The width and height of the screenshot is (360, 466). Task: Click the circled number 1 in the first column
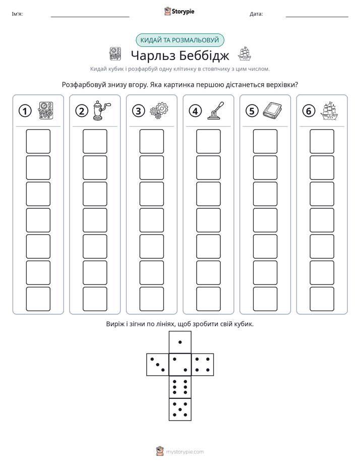pyautogui.click(x=25, y=111)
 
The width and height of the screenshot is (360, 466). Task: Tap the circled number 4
pyautogui.click(x=195, y=111)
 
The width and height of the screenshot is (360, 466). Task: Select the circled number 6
pyautogui.click(x=309, y=111)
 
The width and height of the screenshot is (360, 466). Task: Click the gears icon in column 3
pyautogui.click(x=159, y=111)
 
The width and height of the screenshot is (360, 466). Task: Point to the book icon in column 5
pyautogui.click(x=272, y=110)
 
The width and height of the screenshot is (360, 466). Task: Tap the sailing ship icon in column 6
pyautogui.click(x=329, y=111)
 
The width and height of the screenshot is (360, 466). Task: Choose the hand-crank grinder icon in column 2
pyautogui.click(x=101, y=110)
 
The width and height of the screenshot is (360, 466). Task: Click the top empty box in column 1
pyautogui.click(x=38, y=141)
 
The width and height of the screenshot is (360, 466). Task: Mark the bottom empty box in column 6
pyautogui.click(x=322, y=299)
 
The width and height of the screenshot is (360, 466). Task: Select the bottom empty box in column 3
pyautogui.click(x=151, y=299)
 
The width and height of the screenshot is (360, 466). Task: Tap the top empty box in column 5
pyautogui.click(x=265, y=141)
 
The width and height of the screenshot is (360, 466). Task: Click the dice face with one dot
pyautogui.click(x=180, y=342)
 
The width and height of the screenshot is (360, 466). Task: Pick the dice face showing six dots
pyautogui.click(x=180, y=387)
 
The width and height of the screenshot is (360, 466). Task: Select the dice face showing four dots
pyautogui.click(x=203, y=365)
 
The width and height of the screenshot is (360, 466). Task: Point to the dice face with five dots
pyautogui.click(x=180, y=410)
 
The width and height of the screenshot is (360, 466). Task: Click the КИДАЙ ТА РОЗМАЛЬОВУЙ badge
pyautogui.click(x=179, y=40)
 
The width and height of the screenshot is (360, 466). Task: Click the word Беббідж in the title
pyautogui.click(x=204, y=55)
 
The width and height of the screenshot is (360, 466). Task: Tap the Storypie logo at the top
pyautogui.click(x=179, y=11)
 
